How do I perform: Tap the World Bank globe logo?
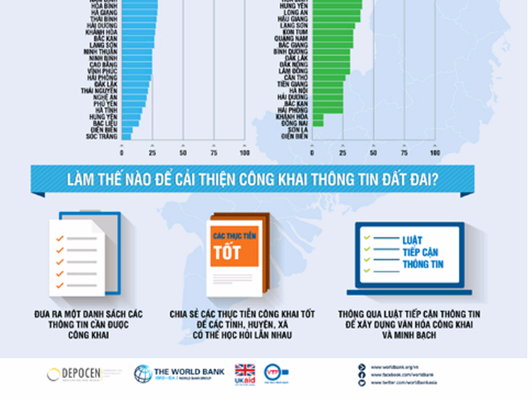142,373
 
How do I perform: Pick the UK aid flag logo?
244,373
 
